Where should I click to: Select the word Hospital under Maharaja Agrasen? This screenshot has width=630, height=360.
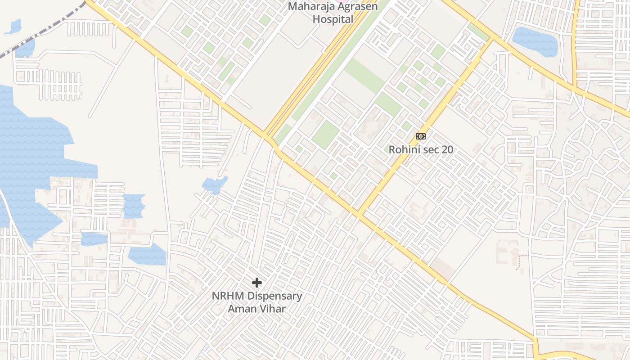coord(333,19)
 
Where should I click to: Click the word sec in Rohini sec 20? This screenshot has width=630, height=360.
coord(431,149)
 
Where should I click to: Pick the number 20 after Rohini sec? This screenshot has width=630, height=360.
coord(447,149)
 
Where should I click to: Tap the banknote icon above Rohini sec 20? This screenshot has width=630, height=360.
coord(421,136)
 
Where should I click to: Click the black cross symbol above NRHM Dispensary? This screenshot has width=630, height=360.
coord(257,283)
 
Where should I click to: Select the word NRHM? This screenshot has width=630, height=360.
coord(228,296)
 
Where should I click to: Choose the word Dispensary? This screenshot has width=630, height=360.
coord(275,296)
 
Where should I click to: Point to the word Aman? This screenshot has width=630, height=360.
coord(242,309)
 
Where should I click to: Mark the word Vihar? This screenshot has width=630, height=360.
coord(272,309)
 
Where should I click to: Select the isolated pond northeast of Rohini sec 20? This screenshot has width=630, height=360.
coord(535,41)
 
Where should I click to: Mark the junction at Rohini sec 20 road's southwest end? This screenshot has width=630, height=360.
coord(359,213)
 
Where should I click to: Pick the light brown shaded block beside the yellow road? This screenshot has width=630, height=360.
coord(443,268)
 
